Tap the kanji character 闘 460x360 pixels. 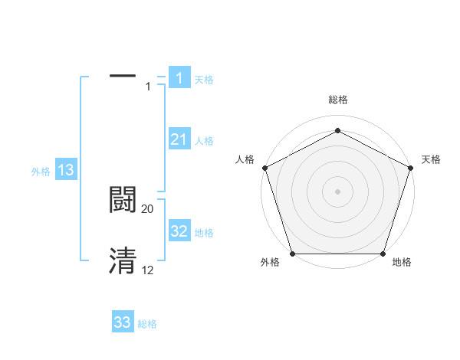point(123,199)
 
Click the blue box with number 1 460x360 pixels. point(179,77)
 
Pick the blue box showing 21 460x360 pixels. point(179,139)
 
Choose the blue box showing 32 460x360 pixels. point(179,231)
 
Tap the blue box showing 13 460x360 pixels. point(66,170)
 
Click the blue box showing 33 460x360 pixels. point(123,322)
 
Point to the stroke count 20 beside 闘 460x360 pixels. point(148,208)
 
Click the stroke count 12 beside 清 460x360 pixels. point(148,270)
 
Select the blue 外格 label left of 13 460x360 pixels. point(41,172)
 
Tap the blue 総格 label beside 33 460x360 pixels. point(147,324)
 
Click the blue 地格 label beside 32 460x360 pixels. point(204,233)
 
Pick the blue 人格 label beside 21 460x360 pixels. point(204,141)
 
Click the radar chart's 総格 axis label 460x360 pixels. point(337,100)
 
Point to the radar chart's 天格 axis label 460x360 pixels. point(432,159)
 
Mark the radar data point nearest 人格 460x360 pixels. point(264,168)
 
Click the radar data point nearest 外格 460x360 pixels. point(293,254)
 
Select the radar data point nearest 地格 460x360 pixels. point(383,254)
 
